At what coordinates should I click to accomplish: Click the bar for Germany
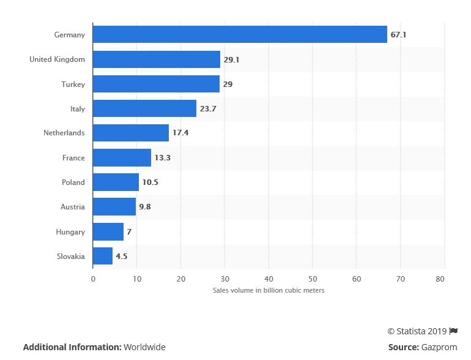[240, 35]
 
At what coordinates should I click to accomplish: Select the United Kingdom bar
[157, 59]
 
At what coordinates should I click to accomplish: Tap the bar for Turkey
[156, 84]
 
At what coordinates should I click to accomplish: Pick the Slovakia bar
[103, 256]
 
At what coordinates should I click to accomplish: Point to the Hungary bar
[108, 231]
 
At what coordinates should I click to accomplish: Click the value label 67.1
[398, 35]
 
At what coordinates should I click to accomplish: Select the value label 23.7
[208, 108]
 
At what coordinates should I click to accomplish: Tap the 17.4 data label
[180, 133]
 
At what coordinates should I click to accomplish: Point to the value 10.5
[150, 182]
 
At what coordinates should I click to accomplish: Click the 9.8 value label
[145, 207]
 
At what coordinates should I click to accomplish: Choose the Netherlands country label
[64, 133]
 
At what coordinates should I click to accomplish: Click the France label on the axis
[73, 158]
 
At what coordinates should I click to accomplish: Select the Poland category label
[73, 182]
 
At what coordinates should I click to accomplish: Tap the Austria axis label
[73, 207]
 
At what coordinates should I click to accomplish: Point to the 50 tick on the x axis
[313, 279]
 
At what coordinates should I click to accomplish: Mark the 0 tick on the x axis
[93, 279]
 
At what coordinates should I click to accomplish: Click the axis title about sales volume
[269, 290]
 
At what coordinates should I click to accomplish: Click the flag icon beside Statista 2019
[453, 331]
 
